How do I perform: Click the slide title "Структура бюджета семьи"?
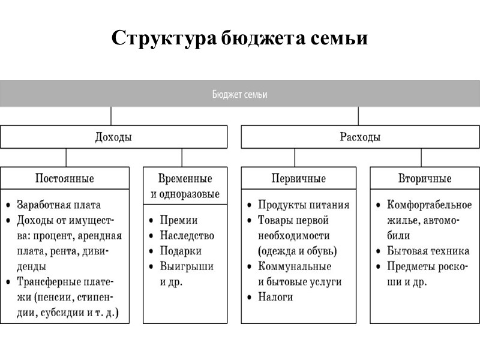tap(239, 39)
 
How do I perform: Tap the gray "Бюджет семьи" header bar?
tap(240, 94)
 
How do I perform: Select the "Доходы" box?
tap(113, 137)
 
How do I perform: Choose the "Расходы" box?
tap(360, 137)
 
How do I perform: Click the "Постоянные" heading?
tap(65, 178)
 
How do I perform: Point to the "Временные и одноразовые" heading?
tap(185, 186)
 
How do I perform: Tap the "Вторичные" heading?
tap(425, 178)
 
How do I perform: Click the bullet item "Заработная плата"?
tap(58, 205)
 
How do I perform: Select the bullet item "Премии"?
tap(179, 220)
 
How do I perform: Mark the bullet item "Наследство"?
tap(187, 236)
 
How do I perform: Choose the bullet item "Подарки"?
tap(181, 251)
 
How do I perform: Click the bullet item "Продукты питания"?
tap(304, 205)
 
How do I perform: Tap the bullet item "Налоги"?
tap(275, 297)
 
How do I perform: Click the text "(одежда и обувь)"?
tap(297, 251)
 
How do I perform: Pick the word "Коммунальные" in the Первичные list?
tap(295, 266)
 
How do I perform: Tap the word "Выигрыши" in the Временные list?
tap(186, 266)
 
